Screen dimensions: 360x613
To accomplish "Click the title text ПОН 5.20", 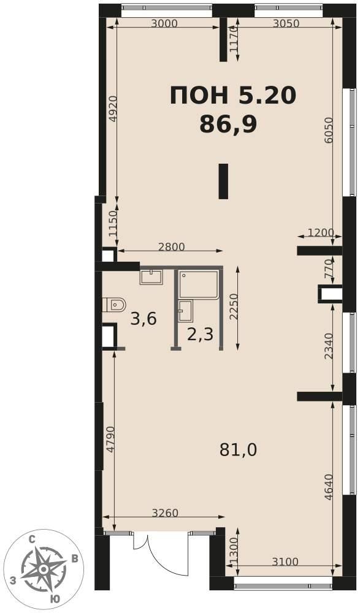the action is [233, 96].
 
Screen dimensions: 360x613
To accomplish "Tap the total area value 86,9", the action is [228, 125].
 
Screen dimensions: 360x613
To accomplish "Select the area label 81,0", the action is [238, 451].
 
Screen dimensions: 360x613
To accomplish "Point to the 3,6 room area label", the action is [144, 319].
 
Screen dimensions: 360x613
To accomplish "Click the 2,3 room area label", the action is [200, 335].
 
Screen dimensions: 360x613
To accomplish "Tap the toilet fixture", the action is [114, 304].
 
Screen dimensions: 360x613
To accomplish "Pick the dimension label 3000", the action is [164, 23].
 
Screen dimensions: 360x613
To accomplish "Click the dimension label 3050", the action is [286, 23].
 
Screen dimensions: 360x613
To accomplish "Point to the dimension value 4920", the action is [113, 109].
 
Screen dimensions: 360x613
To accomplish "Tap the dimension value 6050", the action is [328, 131].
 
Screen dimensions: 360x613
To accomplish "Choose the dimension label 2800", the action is [171, 246].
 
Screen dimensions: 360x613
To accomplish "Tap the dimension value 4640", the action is [328, 487].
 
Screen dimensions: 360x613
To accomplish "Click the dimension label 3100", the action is [285, 562].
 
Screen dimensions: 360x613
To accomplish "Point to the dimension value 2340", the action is [328, 346].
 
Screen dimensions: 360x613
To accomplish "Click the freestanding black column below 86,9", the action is [223, 181].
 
